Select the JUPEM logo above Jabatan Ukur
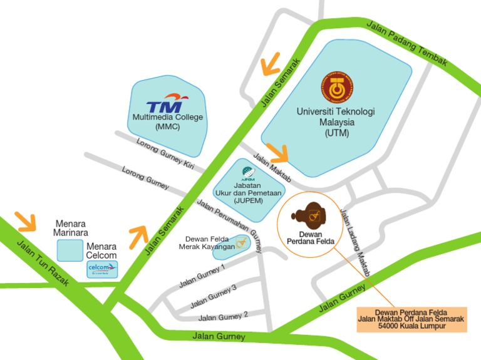(249, 173)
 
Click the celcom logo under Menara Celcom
(102, 270)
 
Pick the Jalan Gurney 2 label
(224, 316)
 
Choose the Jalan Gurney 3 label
(214, 296)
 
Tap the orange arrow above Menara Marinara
(25, 220)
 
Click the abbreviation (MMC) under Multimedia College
(167, 126)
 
